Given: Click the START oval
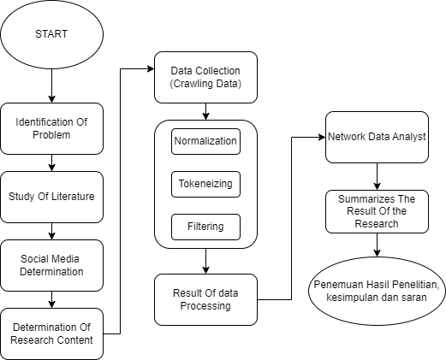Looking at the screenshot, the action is click(x=51, y=34).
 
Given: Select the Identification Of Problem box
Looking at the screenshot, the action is click(x=51, y=128).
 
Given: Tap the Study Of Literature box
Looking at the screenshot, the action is click(x=51, y=197).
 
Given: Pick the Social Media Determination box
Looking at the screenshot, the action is click(x=51, y=265).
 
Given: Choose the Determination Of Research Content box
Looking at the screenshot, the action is click(x=51, y=333).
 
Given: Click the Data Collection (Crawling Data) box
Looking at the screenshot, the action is click(x=205, y=77).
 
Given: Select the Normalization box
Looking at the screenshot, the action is click(x=205, y=141).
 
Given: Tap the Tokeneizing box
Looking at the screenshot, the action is click(x=205, y=184).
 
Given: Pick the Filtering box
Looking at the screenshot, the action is click(x=205, y=227).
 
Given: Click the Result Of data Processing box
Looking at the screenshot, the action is click(x=205, y=299).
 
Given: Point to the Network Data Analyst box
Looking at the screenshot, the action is click(x=377, y=137).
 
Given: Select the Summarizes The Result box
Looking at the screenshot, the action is click(x=377, y=211).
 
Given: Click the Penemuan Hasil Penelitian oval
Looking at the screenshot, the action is click(x=377, y=291).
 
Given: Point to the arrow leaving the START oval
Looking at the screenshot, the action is click(x=51, y=86).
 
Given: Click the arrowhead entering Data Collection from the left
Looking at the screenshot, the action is click(x=151, y=68).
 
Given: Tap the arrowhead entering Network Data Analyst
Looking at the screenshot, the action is click(x=322, y=137).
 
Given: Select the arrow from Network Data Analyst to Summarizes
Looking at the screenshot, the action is click(x=377, y=176).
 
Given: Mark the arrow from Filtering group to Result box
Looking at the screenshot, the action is click(x=205, y=261).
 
